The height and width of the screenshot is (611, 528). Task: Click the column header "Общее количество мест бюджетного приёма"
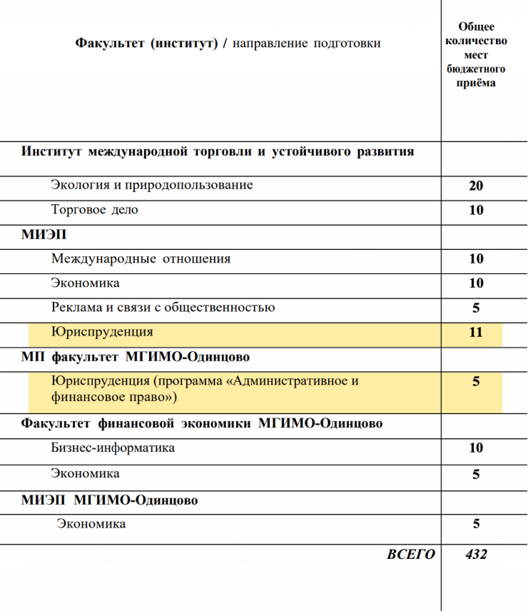point(476,55)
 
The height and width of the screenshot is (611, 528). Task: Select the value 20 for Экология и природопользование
point(476,186)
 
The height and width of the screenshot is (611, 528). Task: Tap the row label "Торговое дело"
point(95,210)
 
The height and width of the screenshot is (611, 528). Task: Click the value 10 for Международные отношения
point(476,259)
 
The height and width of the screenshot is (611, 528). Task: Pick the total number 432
point(476,554)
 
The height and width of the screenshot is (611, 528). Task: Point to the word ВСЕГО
point(410,554)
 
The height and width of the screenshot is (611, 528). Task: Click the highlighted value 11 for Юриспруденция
point(476,333)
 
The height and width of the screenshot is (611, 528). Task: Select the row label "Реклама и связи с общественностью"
point(163,308)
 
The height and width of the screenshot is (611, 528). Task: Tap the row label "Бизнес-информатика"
point(113,448)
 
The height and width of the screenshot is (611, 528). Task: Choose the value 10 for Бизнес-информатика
point(476,448)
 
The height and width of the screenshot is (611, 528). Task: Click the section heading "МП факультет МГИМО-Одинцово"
point(136,357)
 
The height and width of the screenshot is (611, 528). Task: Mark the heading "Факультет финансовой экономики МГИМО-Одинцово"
point(202,423)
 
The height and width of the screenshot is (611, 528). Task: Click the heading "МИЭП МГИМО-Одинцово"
point(109,500)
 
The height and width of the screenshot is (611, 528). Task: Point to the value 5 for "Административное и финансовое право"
point(476,382)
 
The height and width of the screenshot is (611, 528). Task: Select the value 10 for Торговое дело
point(476,211)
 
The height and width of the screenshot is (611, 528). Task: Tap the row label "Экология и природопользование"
point(152,186)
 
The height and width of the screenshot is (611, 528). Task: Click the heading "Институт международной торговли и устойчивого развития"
point(218,152)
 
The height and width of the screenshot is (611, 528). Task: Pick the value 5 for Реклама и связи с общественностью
point(476,308)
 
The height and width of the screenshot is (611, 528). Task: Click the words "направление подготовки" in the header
point(307,44)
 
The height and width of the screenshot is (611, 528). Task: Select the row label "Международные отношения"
point(141,259)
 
